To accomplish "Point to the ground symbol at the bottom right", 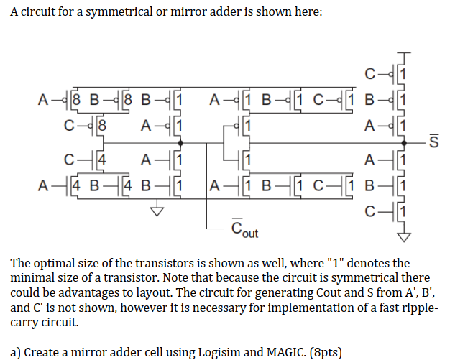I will pos(406,235).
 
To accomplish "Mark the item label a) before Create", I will pos(18,351).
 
